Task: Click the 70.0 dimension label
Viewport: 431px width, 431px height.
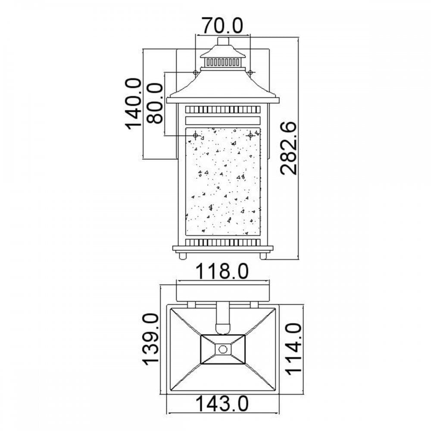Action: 222,25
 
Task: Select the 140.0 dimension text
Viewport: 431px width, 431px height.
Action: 133,103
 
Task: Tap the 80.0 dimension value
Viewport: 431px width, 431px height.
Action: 154,103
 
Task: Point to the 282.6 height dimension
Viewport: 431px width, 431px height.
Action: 289,148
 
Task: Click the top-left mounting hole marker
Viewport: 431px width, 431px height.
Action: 195,72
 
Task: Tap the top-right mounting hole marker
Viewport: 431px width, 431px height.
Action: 250,72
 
